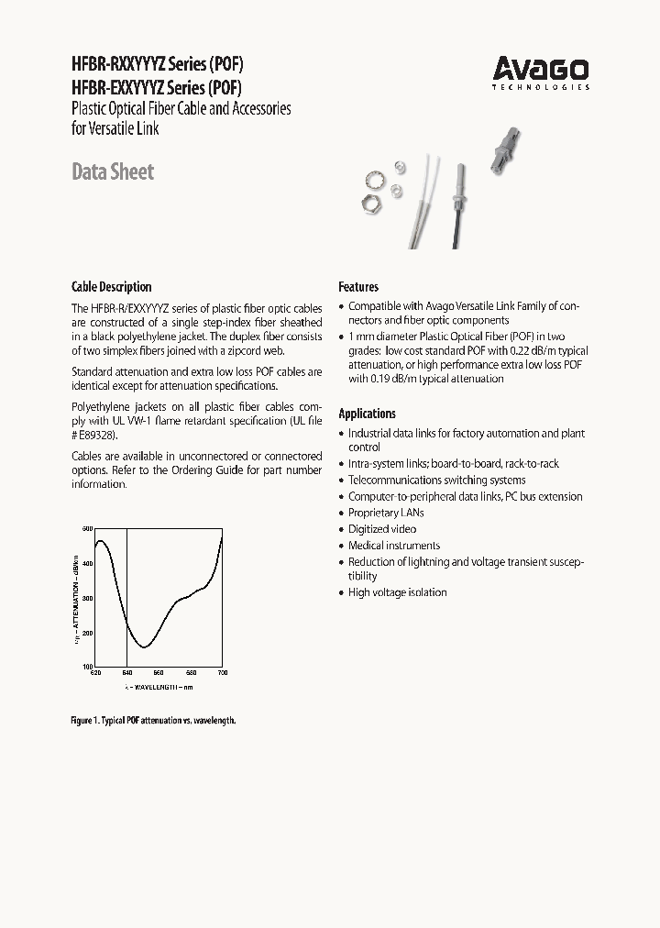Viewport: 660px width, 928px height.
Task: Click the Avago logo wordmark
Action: click(x=541, y=68)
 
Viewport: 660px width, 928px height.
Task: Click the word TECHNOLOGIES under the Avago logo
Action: click(x=541, y=88)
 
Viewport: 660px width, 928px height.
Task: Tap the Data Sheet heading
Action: click(x=113, y=171)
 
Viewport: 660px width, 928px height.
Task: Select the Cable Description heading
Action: click(x=111, y=286)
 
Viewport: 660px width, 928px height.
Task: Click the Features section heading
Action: click(x=358, y=286)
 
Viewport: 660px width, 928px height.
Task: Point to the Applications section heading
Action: click(x=367, y=414)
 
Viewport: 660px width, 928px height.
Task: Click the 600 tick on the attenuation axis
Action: click(x=87, y=529)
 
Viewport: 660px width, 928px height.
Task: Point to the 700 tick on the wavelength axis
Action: click(x=221, y=673)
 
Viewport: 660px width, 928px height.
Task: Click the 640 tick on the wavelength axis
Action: click(x=126, y=673)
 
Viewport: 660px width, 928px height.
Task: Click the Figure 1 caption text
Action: click(x=153, y=721)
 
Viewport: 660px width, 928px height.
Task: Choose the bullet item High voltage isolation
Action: click(x=397, y=592)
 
